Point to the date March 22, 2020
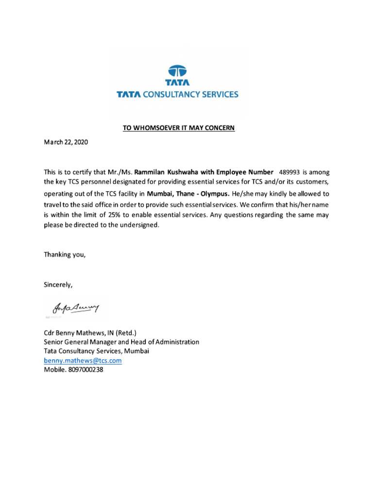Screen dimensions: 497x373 tap(67, 143)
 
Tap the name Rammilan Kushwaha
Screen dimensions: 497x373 tap(167, 172)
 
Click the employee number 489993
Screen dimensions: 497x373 tap(289, 172)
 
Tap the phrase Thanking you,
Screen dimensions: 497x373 tap(65, 254)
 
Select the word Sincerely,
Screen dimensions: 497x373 tap(58, 285)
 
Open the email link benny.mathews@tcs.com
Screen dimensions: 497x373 tap(83, 361)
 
